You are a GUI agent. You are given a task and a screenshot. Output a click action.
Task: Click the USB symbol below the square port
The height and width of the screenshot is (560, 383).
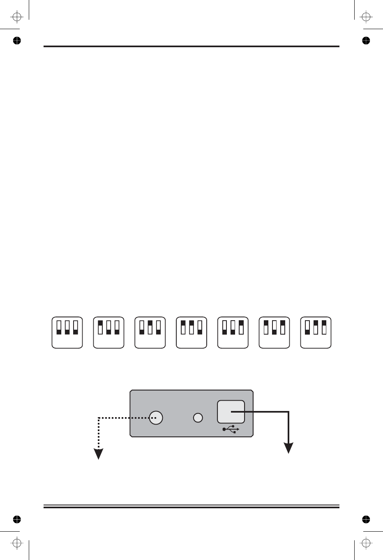(231, 429)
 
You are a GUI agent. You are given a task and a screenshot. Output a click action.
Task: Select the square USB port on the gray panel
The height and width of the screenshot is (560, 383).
(231, 411)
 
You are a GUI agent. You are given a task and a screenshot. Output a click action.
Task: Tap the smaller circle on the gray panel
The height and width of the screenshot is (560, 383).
(198, 418)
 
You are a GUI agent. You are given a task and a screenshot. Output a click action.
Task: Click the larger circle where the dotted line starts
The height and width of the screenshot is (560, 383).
(156, 418)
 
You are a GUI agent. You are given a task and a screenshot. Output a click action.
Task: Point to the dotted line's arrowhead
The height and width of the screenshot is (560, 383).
(99, 454)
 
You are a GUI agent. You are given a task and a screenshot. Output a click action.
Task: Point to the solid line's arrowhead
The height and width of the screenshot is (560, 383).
(290, 448)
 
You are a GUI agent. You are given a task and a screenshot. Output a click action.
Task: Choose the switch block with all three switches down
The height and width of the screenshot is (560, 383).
(67, 333)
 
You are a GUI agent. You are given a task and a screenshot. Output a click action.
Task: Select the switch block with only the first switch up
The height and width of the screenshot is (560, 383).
(109, 333)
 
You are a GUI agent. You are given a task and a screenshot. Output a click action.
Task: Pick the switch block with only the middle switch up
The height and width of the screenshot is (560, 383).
(150, 333)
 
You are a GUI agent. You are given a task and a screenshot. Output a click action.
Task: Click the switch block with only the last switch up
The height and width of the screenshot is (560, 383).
(233, 333)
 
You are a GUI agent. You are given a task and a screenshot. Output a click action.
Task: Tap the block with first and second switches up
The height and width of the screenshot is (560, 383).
(191, 333)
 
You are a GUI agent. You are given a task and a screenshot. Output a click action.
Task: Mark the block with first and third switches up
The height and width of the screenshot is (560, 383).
(275, 333)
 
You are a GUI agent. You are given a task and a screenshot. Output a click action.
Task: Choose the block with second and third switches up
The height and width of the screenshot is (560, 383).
(316, 333)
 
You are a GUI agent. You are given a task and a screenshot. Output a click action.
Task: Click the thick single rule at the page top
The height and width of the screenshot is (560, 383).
(191, 46)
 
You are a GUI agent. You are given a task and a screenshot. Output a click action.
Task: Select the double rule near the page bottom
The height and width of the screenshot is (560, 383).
(191, 506)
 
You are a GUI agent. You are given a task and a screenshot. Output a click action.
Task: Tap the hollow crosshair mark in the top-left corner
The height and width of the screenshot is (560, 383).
(16, 17)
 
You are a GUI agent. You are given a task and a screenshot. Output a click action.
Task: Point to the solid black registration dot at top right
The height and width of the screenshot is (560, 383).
(366, 40)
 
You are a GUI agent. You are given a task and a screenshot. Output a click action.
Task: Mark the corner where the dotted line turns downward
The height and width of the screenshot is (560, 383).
(99, 418)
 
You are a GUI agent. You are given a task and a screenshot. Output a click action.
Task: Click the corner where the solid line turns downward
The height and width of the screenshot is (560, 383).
(290, 411)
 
